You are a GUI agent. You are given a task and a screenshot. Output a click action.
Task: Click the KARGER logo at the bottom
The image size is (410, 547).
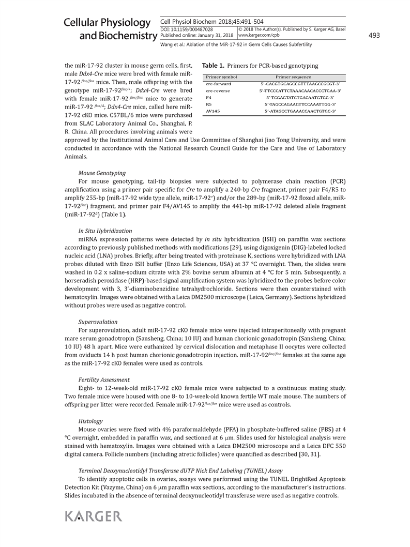tap(94, 516)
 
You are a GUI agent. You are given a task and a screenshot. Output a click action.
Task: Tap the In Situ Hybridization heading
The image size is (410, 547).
tap(105, 231)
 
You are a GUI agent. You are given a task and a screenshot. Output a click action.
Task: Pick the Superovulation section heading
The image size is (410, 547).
tap(98, 321)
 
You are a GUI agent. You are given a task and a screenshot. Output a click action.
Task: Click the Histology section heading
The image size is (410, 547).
tap(90, 421)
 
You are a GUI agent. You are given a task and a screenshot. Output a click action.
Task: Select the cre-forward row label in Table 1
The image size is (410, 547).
tap(219, 83)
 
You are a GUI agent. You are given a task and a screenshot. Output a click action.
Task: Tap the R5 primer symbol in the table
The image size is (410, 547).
tap(208, 104)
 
